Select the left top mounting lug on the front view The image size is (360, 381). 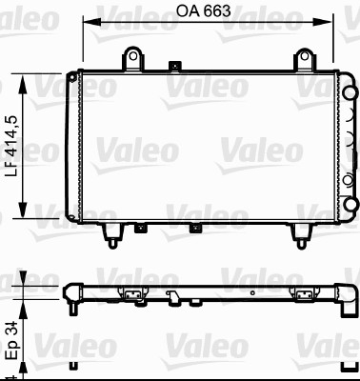coord(134,59)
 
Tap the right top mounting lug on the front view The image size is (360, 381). coord(304,59)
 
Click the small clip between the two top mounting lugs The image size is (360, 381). coord(173,67)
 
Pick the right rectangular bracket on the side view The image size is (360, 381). coord(307,294)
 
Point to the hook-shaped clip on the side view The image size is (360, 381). coord(174,297)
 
